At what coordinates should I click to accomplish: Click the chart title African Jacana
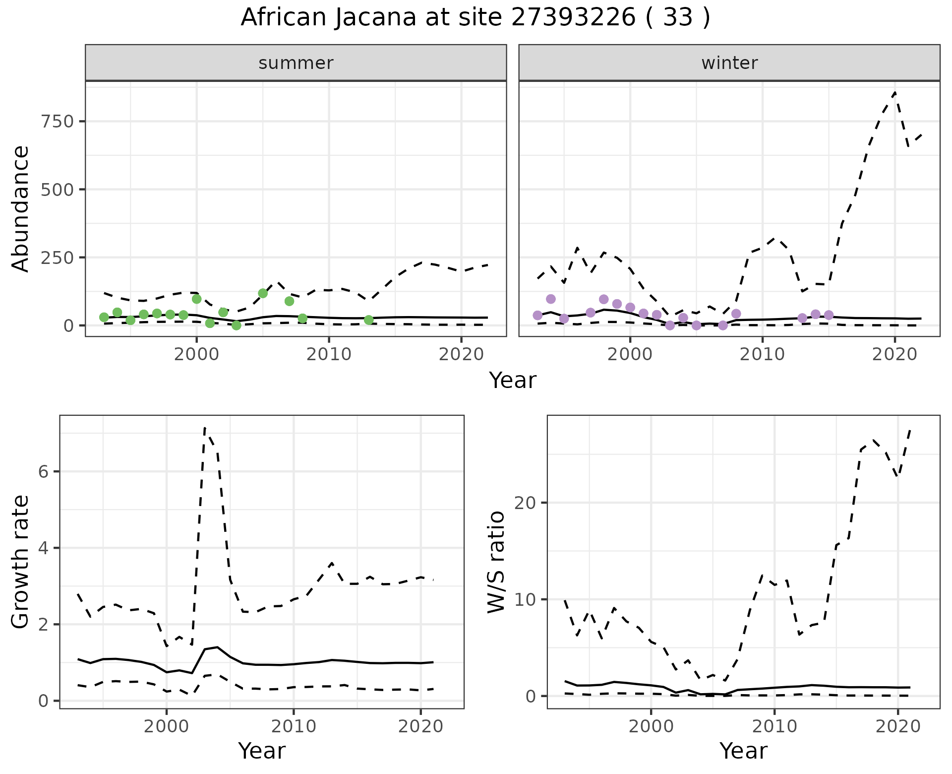pos(475,18)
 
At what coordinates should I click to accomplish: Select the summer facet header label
pos(296,63)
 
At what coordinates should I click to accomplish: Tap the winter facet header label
pos(729,63)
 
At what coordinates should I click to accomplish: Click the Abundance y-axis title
pos(21,208)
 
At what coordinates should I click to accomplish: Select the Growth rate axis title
pos(21,562)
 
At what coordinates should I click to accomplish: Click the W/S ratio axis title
pos(496,562)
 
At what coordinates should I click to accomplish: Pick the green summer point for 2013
pos(368,320)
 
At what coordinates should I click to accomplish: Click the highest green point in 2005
pos(263,293)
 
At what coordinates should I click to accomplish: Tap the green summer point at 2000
pos(196,299)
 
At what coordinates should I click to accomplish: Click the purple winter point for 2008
pos(736,314)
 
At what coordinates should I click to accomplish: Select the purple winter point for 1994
pos(550,299)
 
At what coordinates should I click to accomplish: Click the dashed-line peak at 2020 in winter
pos(894,92)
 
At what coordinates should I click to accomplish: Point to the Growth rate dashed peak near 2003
pos(205,428)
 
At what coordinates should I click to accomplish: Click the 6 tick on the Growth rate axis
pos(44,471)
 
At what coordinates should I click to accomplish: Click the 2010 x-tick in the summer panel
pos(329,354)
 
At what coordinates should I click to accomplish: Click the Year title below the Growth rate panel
pos(262,751)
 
